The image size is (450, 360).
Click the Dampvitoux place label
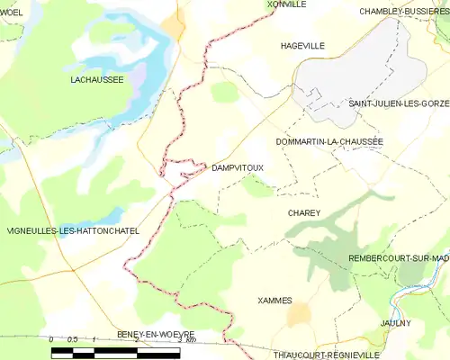coord(237,167)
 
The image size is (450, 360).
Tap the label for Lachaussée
coord(96,80)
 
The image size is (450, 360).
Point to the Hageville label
coord(301,44)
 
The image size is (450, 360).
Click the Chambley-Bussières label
coord(404,12)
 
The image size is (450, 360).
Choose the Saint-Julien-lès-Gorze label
coord(399,104)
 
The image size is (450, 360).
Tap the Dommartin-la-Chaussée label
coord(329,141)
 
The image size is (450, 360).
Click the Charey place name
coord(304,212)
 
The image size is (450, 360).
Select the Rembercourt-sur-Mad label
coord(399,258)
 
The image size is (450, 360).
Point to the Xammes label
coord(274,300)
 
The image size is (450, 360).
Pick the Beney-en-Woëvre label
coord(155,334)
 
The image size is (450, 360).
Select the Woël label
coord(12,12)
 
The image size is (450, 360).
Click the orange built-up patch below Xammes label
coord(298,313)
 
